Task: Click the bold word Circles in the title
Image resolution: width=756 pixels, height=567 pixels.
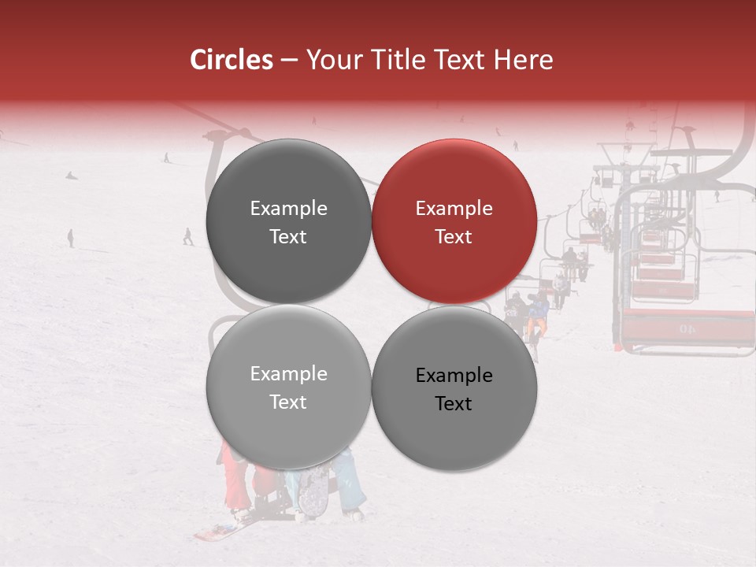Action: tap(231, 60)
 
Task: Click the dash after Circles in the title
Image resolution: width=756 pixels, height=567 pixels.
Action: tap(289, 61)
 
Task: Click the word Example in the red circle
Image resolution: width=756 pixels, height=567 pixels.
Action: tap(454, 209)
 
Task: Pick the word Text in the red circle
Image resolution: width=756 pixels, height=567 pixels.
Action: tap(454, 236)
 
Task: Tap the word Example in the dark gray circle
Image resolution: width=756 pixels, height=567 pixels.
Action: tap(288, 209)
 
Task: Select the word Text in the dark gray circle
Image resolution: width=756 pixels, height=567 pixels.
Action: tap(288, 236)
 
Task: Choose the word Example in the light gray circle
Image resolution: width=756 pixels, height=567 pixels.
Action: tap(288, 374)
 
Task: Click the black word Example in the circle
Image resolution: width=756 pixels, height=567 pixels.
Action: tap(454, 376)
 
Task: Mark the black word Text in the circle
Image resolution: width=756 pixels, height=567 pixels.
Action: tap(454, 403)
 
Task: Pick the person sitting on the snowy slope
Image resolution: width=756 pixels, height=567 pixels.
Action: tap(72, 175)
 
